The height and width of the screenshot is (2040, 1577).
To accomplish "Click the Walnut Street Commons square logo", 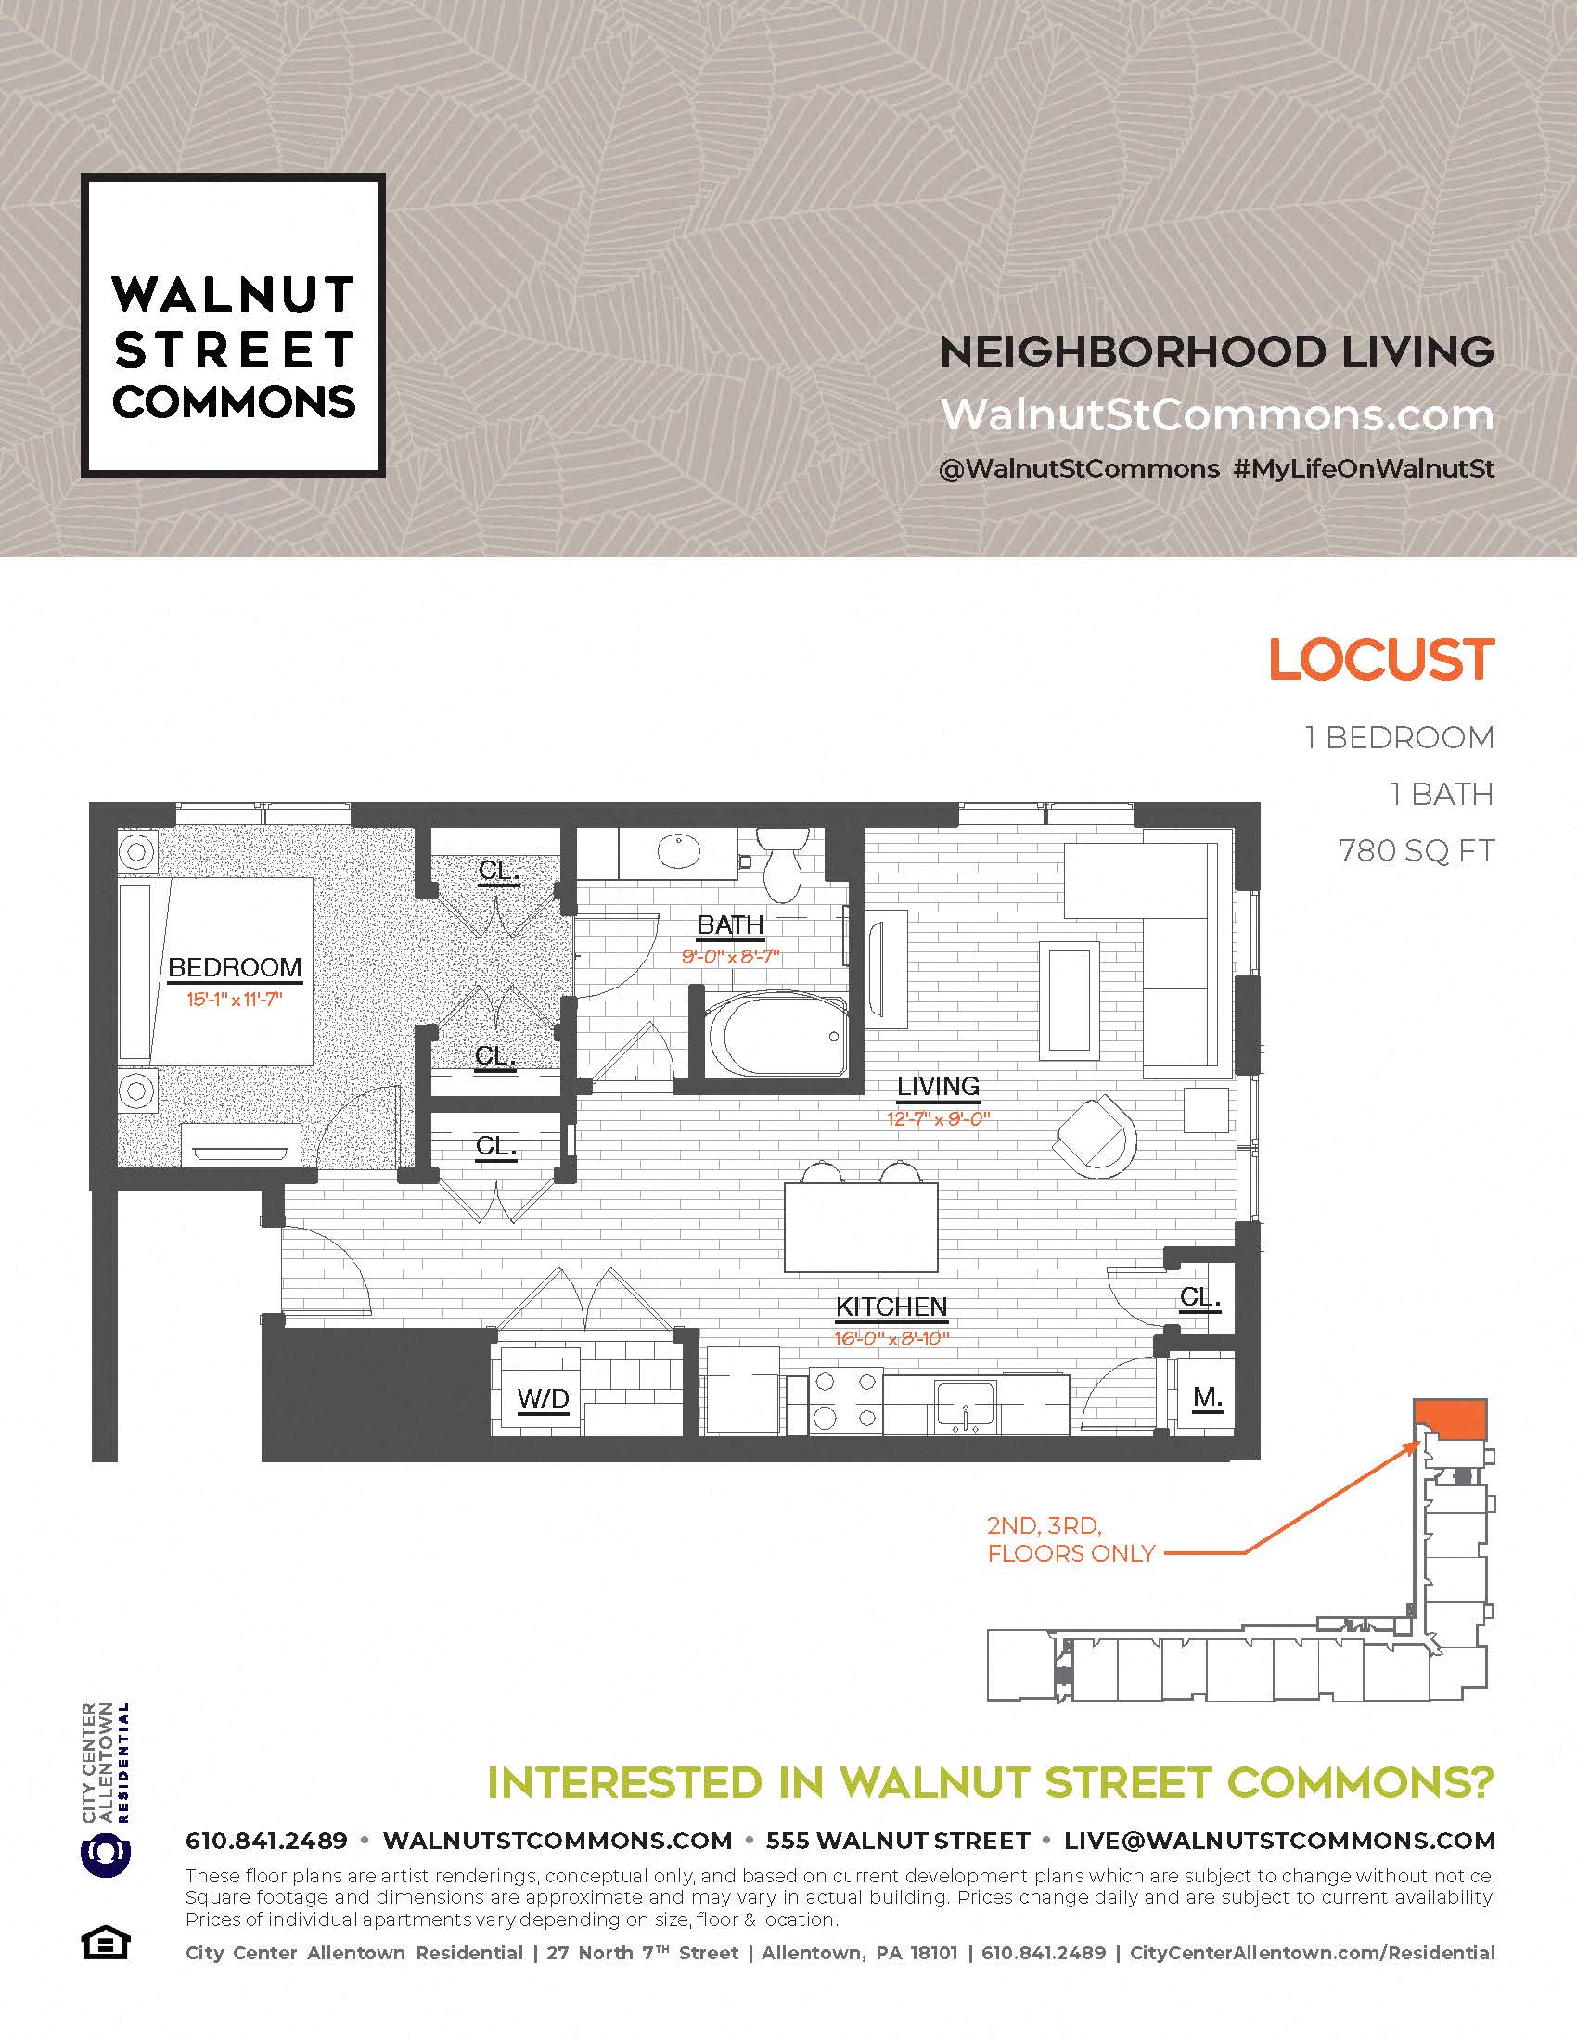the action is click(x=233, y=326).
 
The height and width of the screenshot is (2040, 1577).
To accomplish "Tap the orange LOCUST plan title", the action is click(x=1381, y=659).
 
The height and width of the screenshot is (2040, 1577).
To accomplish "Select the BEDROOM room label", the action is click(x=235, y=968).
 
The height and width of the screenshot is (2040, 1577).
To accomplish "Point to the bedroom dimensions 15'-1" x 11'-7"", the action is click(x=235, y=1000).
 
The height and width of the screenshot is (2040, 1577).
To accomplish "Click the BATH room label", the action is click(x=731, y=924).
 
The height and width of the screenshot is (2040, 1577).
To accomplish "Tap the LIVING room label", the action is click(x=938, y=1087).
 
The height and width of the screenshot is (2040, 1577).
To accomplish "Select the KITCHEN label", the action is click(x=891, y=1307).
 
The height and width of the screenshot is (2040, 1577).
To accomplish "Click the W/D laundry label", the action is click(x=543, y=1398).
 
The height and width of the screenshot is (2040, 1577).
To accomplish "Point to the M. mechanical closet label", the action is click(x=1208, y=1396).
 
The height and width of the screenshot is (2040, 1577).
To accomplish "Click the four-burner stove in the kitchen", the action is click(x=844, y=1403).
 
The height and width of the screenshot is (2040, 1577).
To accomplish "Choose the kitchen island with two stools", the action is click(x=861, y=1218).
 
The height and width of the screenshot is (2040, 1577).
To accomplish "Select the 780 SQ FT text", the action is click(x=1417, y=851).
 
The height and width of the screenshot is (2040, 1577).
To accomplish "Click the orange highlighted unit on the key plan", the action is click(x=1451, y=1421).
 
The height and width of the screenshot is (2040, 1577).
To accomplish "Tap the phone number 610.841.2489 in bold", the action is click(x=266, y=1841).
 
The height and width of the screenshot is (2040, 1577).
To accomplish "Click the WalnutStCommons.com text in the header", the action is click(x=1216, y=414).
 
